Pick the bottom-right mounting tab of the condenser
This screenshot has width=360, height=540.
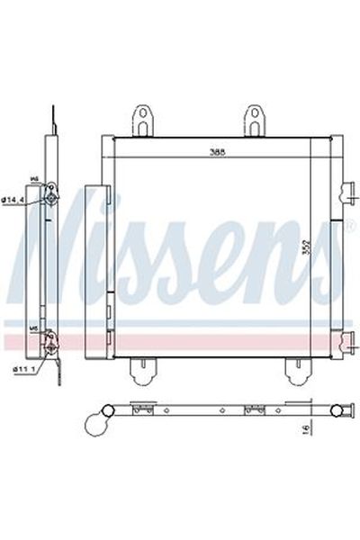pyautogui.click(x=294, y=369)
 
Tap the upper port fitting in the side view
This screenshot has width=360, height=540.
pyautogui.click(x=53, y=197)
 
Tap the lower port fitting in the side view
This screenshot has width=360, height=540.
pyautogui.click(x=53, y=340)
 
